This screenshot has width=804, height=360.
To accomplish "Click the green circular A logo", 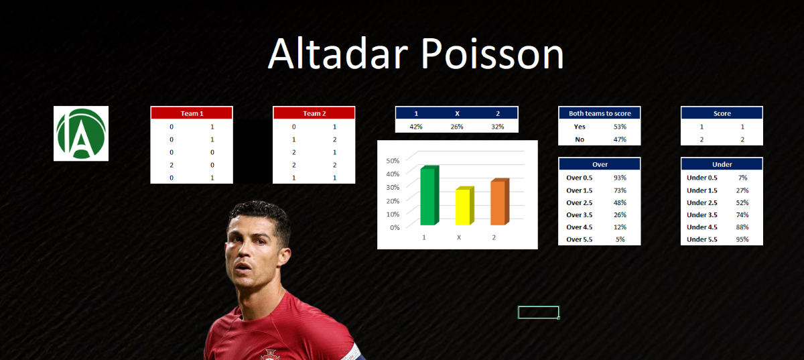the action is tap(81, 133).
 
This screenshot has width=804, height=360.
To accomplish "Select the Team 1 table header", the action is tap(192, 113).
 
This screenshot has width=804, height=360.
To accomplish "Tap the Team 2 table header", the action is tap(314, 113).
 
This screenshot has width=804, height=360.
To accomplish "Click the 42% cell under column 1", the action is tap(416, 127).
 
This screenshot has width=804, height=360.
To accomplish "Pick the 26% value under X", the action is tap(457, 127).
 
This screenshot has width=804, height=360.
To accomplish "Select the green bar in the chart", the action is tap(429, 196).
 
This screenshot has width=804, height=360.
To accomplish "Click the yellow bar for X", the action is tap(465, 206).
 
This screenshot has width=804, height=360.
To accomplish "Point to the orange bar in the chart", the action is tap(500, 202).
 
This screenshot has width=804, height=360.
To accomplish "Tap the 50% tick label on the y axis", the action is tap(393, 161).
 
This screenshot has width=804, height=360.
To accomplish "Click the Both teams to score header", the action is tap(600, 113).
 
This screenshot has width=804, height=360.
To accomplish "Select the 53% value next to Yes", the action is tap(620, 127).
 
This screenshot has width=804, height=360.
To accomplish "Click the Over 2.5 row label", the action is tap(580, 202).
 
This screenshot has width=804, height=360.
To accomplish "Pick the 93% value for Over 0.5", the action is tap(620, 178).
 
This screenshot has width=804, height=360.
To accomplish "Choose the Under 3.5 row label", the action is tap(702, 215).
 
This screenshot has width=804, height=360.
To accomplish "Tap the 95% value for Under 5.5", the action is tap(742, 239).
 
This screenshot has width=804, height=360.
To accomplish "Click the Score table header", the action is tap(722, 113).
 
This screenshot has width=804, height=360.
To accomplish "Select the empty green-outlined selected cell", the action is tap(539, 312).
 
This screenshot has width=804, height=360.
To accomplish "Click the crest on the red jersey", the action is tap(270, 355).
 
